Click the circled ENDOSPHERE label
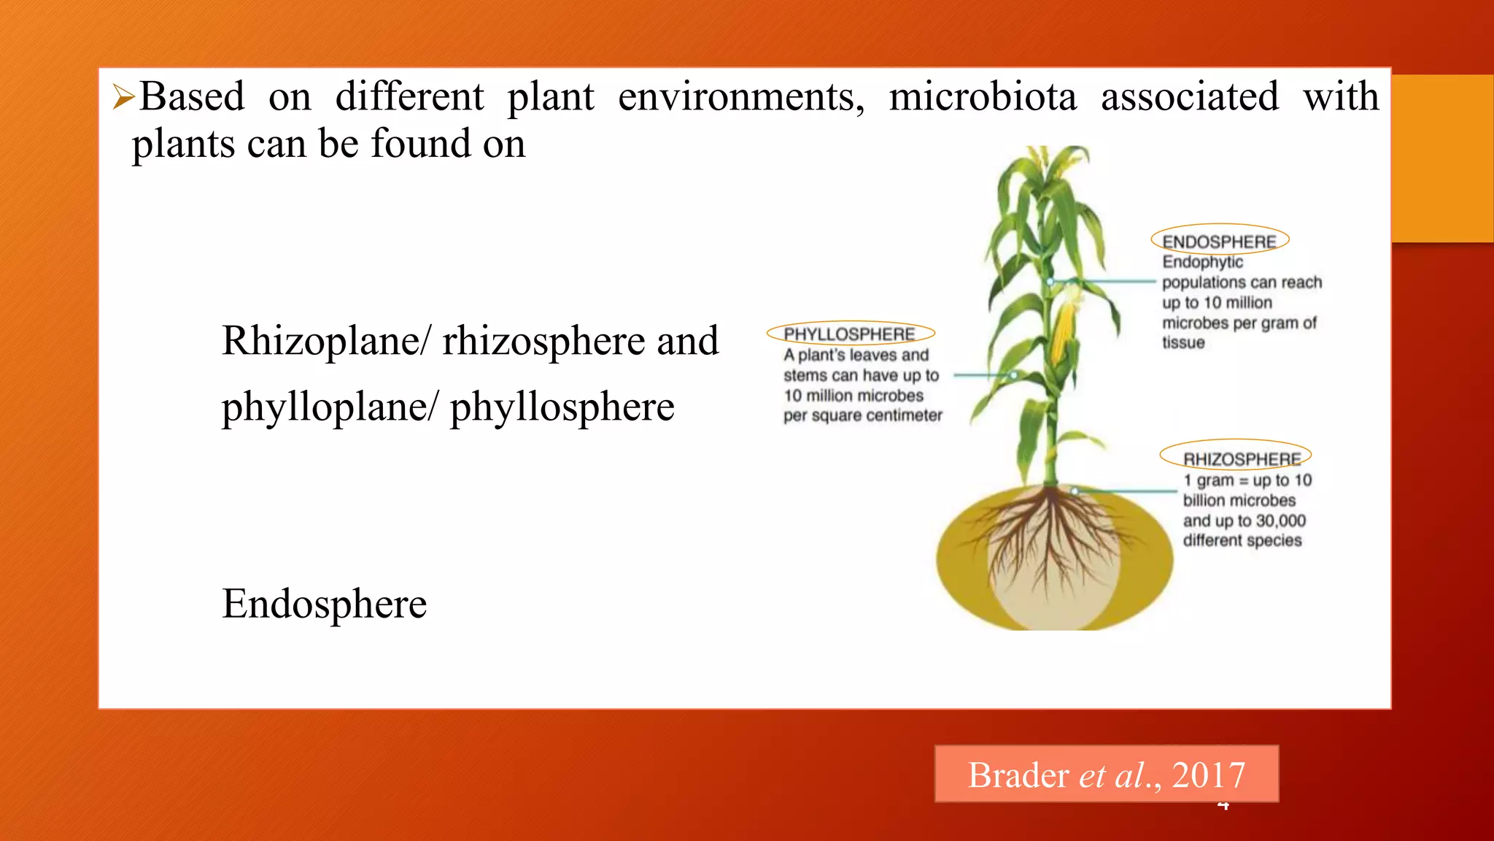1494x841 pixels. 1219,242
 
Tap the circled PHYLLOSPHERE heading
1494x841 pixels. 849,334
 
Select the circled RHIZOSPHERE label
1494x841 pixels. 1242,459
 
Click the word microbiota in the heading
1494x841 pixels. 983,97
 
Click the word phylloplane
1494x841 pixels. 325,407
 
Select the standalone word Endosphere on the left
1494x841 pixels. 325,604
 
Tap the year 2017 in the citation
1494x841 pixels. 1208,775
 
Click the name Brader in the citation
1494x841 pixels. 1018,775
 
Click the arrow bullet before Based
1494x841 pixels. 123,97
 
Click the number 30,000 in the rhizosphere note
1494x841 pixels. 1281,521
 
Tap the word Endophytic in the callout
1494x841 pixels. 1202,262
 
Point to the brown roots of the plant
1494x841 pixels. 1050,540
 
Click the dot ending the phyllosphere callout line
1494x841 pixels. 1014,375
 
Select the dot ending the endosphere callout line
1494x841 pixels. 1050,281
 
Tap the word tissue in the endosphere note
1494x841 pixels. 1183,342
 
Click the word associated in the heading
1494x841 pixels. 1189,97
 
